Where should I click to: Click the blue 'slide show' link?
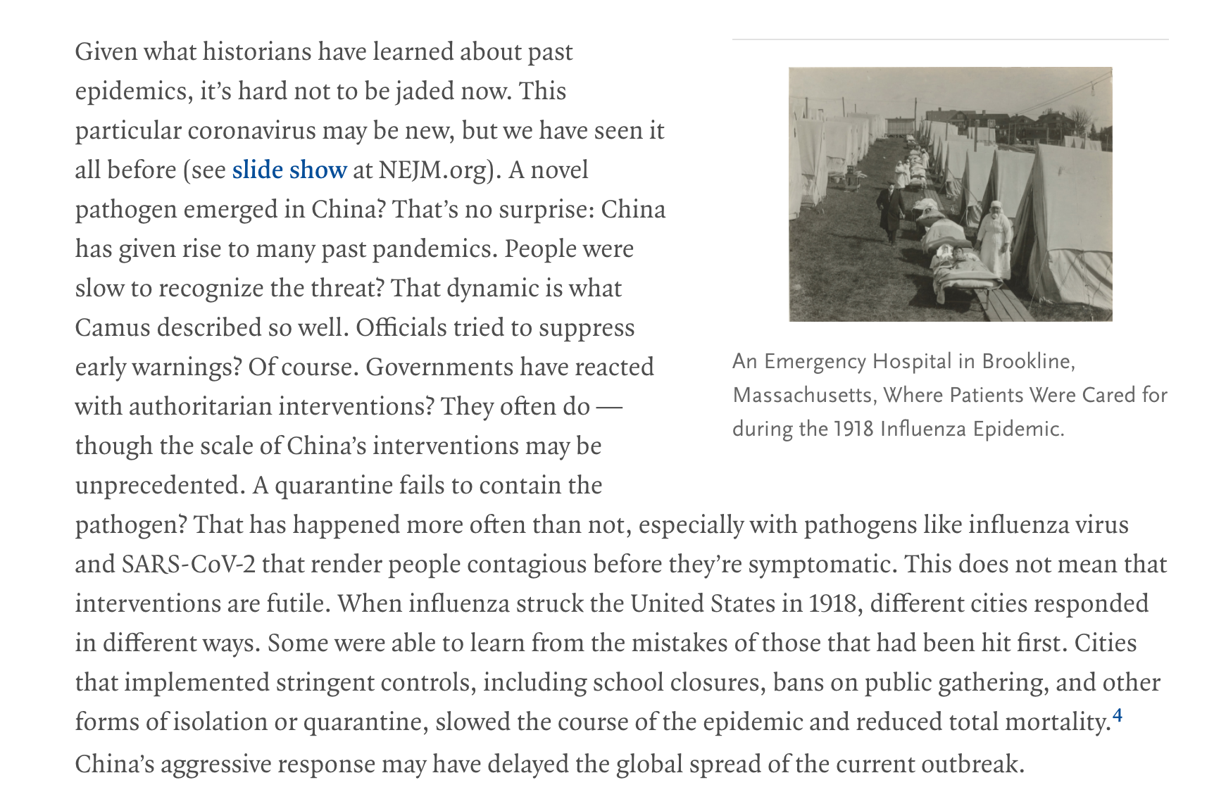tap(289, 170)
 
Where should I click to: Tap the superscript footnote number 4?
tap(1117, 717)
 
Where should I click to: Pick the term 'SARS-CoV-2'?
tap(189, 565)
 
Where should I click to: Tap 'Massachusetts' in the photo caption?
tap(803, 395)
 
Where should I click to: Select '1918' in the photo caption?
tap(853, 429)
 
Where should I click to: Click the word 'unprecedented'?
tap(159, 486)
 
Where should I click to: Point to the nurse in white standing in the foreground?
tap(996, 239)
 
